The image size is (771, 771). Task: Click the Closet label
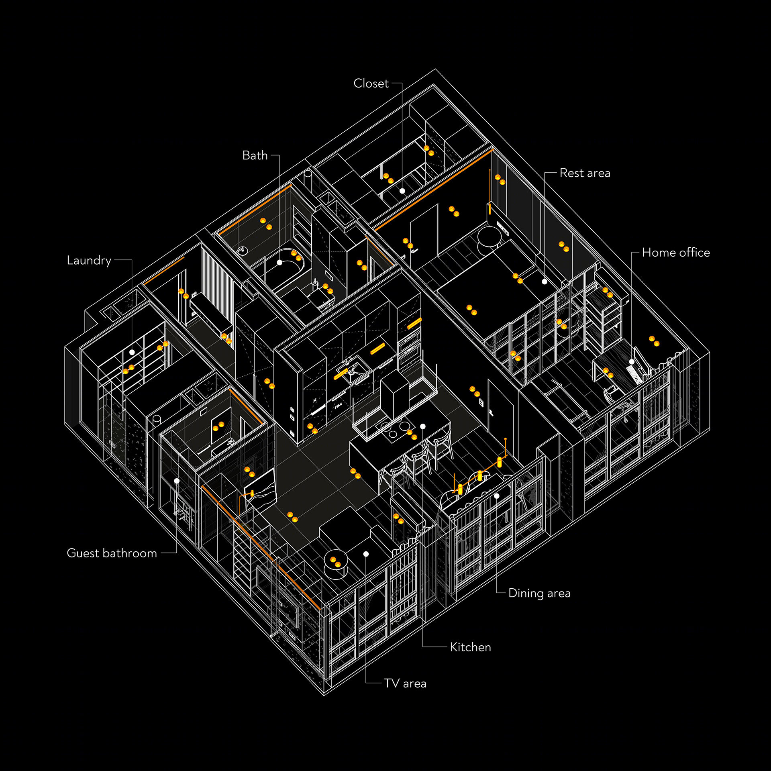click(x=371, y=84)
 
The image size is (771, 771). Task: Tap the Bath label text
click(x=255, y=155)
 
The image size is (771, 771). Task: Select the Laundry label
click(x=89, y=261)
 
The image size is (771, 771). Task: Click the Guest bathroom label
click(x=112, y=553)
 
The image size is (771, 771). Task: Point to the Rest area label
click(x=585, y=173)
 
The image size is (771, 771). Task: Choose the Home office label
click(x=676, y=253)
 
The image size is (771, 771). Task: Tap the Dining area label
click(x=539, y=594)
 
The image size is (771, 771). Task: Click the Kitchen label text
click(x=471, y=647)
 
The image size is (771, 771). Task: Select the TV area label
click(x=405, y=683)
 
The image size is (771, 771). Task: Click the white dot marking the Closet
click(x=402, y=191)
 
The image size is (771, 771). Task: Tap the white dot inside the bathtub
click(x=280, y=263)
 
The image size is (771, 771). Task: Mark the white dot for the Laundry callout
click(x=132, y=352)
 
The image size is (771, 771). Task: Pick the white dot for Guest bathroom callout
click(x=177, y=481)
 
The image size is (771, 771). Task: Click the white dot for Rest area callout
click(x=545, y=282)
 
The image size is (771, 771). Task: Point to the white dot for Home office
click(x=632, y=362)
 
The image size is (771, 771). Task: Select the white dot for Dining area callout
click(x=497, y=496)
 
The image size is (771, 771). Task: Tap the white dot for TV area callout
click(x=366, y=554)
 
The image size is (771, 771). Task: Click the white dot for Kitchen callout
click(x=423, y=426)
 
